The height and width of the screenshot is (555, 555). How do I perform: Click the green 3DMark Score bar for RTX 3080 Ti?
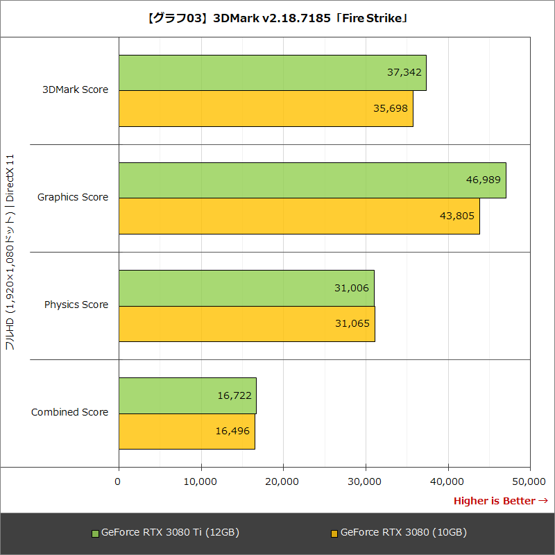coord(272,73)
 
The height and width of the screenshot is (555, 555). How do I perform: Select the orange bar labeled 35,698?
coord(266,109)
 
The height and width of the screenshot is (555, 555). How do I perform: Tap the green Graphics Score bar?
coord(312,180)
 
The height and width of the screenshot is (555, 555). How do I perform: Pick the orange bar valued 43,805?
coord(298,216)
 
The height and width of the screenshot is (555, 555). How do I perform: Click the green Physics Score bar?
coord(246,288)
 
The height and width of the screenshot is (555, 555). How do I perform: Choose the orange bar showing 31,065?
coord(246,324)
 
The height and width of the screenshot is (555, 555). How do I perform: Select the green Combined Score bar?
coord(187,395)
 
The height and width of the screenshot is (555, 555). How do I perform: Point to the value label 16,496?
coord(232,431)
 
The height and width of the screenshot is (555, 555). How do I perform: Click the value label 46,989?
coord(484,180)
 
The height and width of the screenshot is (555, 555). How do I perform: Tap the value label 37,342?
coord(404,72)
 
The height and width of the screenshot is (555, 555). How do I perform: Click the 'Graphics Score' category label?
coord(73,197)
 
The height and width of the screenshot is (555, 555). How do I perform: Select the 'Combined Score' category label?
coord(69,412)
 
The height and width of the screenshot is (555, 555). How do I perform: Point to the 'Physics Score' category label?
coord(76,305)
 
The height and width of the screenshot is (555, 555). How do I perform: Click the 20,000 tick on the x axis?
coord(283,481)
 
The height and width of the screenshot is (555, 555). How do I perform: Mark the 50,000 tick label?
coord(530,481)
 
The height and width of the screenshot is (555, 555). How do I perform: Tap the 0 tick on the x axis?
coord(119,481)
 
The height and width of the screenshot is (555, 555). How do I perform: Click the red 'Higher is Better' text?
coord(495,501)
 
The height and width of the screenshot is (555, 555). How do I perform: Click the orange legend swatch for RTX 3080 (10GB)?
coord(334,533)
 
